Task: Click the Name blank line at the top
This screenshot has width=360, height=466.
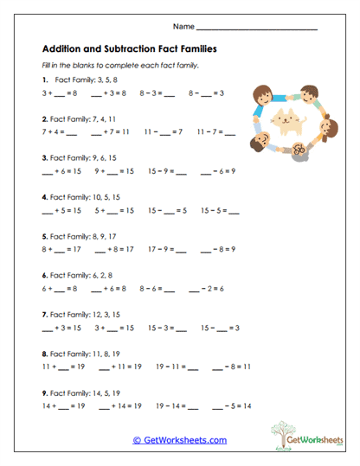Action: click(257, 29)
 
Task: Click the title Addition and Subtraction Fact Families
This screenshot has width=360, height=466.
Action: click(129, 49)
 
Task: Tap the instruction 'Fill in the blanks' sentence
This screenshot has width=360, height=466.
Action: click(120, 66)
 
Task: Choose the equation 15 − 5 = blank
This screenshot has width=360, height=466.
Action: click(220, 210)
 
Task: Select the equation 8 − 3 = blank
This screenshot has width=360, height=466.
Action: click(170, 93)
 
